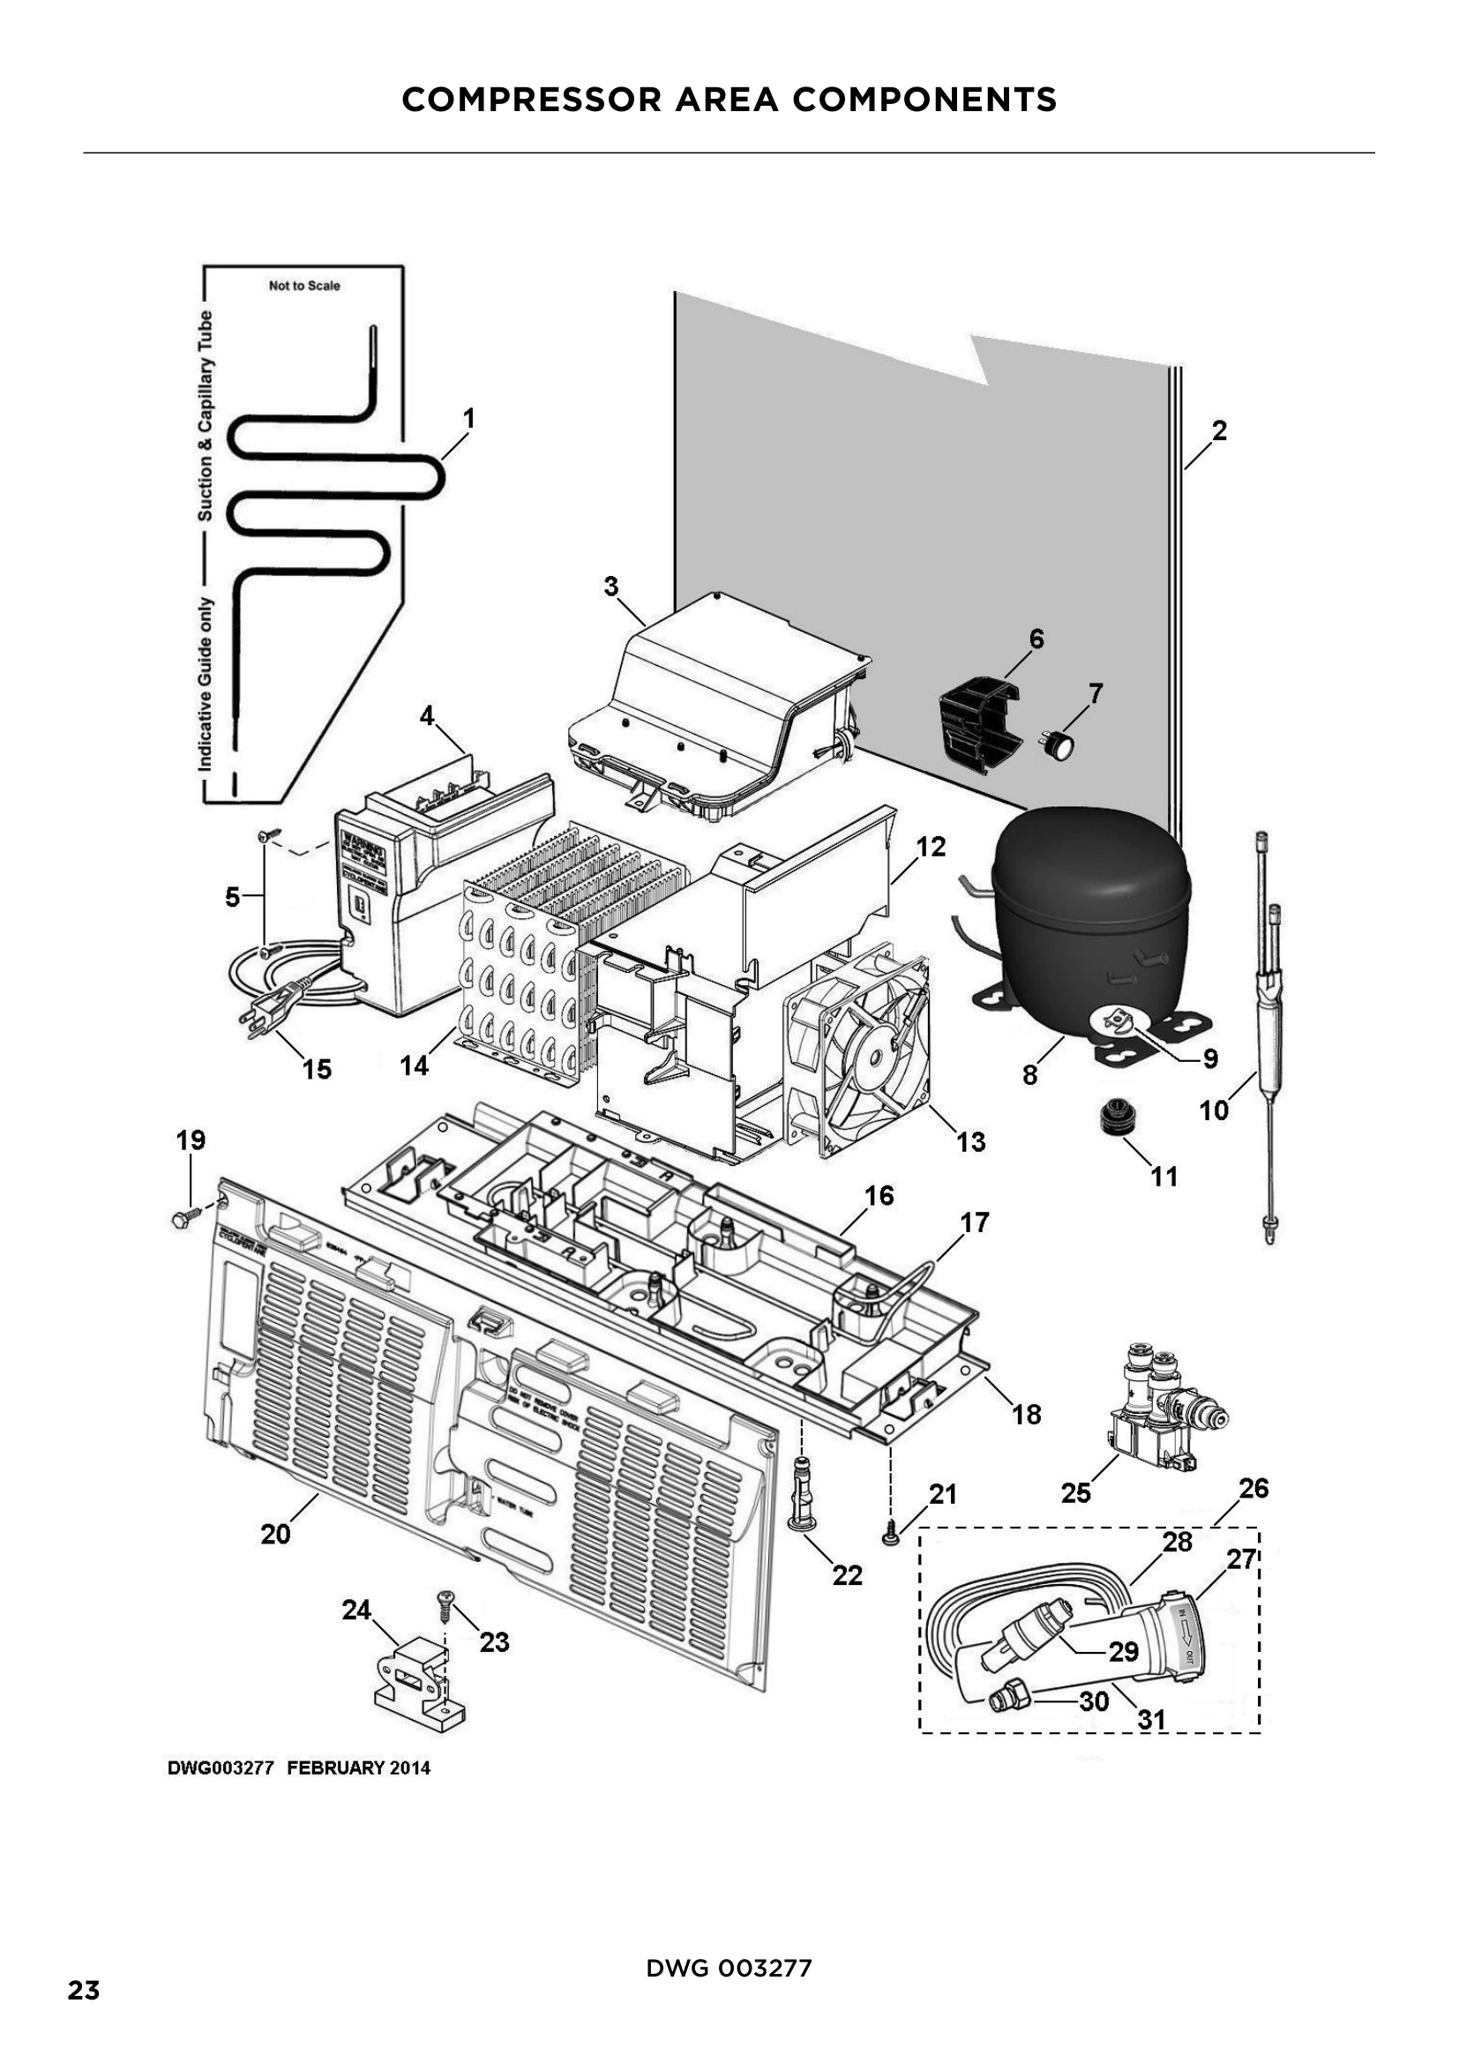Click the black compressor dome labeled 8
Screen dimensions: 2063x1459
[1089, 908]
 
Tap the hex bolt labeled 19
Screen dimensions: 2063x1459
[183, 1218]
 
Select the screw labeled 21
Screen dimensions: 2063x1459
[890, 1539]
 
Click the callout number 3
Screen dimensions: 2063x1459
[611, 587]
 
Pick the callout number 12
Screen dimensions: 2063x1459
[931, 847]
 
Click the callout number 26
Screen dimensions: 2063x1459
[1253, 1488]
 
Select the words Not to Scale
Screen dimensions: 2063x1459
[304, 286]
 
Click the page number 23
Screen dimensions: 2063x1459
[84, 2015]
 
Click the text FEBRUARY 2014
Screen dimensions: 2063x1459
[358, 1768]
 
